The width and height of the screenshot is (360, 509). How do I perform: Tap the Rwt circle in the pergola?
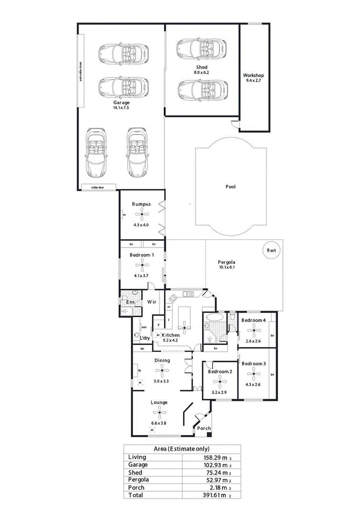[x=271, y=250]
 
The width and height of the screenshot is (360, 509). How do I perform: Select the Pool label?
[x=230, y=186]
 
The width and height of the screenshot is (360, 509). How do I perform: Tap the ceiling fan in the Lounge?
[x=159, y=412]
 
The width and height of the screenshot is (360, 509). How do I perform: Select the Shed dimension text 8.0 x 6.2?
[x=201, y=73]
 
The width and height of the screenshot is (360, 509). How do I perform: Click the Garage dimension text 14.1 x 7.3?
[x=121, y=107]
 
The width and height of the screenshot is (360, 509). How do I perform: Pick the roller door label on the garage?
[x=97, y=187]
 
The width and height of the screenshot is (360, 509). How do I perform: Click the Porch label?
[x=204, y=428]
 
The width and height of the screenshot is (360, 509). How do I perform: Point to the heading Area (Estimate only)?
[x=181, y=448]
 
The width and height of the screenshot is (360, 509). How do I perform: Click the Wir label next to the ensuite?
[x=152, y=302]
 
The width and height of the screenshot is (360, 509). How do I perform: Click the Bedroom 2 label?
[x=220, y=371]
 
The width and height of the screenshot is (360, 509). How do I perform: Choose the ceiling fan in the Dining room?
[x=161, y=370]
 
